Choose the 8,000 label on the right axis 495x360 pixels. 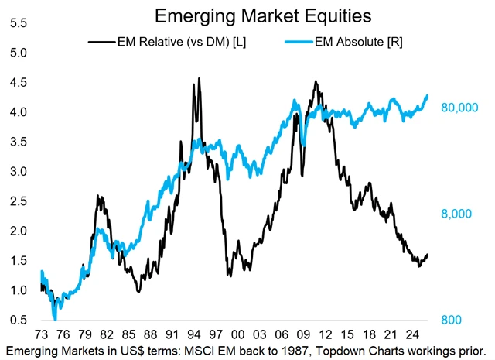459,214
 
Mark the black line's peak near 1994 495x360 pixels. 199,78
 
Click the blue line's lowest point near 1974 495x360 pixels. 55,317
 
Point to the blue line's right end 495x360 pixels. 428,95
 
